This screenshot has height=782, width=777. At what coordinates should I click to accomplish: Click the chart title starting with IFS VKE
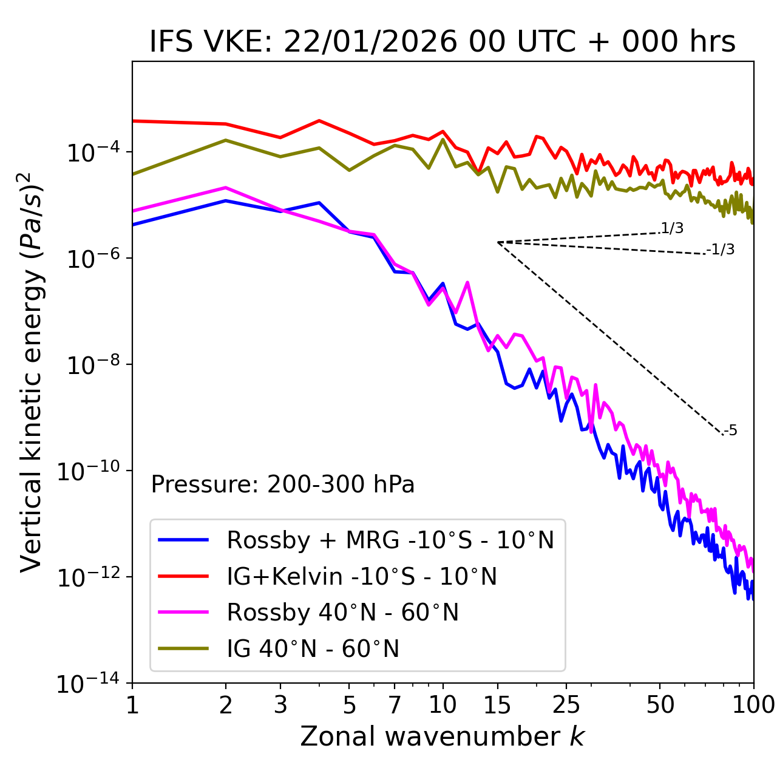pos(443,42)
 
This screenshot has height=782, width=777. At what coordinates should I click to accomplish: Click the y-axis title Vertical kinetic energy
pos(32,372)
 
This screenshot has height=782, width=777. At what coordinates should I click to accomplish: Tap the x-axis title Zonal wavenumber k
pos(443,736)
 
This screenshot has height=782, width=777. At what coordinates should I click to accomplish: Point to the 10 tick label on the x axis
pos(443,705)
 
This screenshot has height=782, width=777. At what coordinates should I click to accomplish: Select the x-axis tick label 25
pos(566,705)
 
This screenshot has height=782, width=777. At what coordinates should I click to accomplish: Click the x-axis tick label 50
pos(660,705)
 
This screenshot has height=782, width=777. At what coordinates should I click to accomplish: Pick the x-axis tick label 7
pos(395,705)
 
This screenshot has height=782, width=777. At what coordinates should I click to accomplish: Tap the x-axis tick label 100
pos(753,705)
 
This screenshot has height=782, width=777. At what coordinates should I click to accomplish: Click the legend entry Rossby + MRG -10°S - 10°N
pos(390,540)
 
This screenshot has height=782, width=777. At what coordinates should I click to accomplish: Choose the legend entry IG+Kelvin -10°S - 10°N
pos(362,576)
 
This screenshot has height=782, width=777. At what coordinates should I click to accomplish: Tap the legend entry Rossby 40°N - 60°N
pos(342,613)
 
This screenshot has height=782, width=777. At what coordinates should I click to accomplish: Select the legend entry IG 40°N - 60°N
pos(313,649)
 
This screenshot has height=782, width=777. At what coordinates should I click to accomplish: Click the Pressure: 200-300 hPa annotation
pos(283,484)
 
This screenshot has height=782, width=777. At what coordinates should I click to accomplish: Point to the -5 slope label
pos(731,430)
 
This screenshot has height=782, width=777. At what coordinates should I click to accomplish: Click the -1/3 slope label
pos(721,249)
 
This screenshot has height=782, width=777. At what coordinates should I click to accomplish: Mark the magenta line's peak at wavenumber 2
pos(226,188)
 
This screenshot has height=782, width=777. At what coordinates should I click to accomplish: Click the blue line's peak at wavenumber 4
pos(319,203)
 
